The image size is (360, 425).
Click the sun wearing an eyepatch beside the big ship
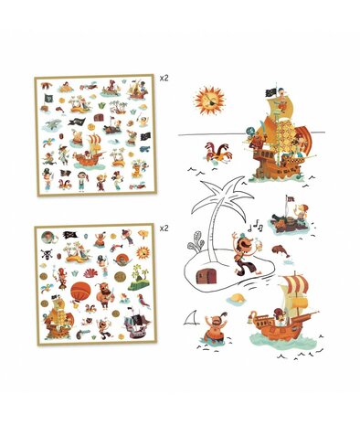click(x=209, y=101)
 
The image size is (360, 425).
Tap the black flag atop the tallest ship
click(x=270, y=92)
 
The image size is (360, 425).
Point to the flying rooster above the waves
click(x=218, y=153)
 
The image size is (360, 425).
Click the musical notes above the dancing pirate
click(x=255, y=227)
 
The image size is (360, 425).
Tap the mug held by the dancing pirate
click(x=259, y=245)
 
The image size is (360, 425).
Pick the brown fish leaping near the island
click(x=281, y=250)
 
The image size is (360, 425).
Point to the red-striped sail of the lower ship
click(x=294, y=283)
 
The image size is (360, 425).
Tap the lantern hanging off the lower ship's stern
click(x=251, y=317)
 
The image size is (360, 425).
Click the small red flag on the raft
click(x=291, y=199)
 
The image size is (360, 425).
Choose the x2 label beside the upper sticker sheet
click(x=164, y=78)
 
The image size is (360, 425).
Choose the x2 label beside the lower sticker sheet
click(x=164, y=228)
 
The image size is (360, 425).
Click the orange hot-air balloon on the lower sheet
click(x=80, y=292)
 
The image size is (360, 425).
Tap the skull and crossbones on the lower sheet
click(x=47, y=253)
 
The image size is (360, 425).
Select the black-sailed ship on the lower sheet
click(x=136, y=323)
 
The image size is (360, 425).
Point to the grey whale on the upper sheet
click(x=53, y=124)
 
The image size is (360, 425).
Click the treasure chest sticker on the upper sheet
click(x=98, y=117)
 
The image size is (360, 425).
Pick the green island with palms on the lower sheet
click(x=139, y=278)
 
